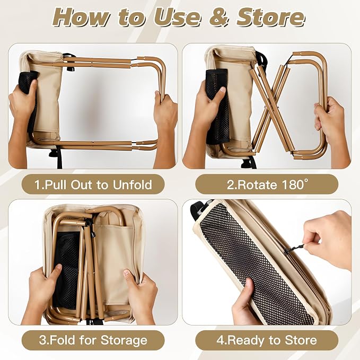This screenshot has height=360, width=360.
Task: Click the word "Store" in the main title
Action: tap(270, 17)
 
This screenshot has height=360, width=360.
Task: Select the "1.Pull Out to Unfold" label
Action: tap(93, 185)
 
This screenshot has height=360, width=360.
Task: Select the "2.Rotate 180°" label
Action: tap(267, 185)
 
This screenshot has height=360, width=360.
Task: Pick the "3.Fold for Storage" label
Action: tap(93, 340)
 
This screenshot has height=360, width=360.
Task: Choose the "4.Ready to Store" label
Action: tap(267, 340)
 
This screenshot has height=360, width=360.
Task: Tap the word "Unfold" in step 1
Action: tap(133, 185)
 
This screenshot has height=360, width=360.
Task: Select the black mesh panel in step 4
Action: tap(255, 264)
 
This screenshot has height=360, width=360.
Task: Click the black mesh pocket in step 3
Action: tap(65, 271)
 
